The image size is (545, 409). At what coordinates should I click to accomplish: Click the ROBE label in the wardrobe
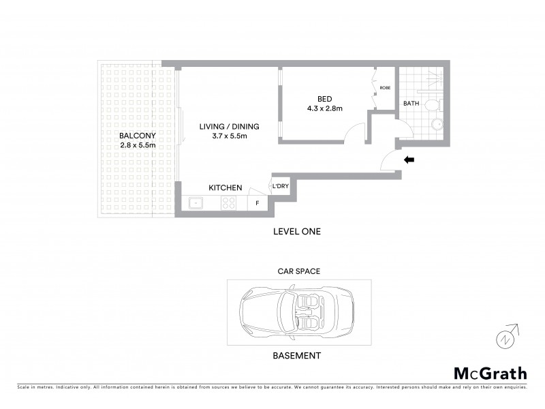click(x=385, y=88)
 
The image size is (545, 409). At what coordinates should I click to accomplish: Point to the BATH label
click(x=411, y=104)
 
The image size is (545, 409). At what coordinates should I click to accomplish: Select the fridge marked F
click(x=258, y=203)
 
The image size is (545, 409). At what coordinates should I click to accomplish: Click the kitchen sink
click(x=196, y=202)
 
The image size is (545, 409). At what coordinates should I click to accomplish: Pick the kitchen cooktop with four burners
click(x=228, y=202)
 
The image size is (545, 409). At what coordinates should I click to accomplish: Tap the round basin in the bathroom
click(x=437, y=124)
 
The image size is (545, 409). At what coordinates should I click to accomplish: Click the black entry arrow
click(x=409, y=160)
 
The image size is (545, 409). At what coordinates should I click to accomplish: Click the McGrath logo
click(x=490, y=373)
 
